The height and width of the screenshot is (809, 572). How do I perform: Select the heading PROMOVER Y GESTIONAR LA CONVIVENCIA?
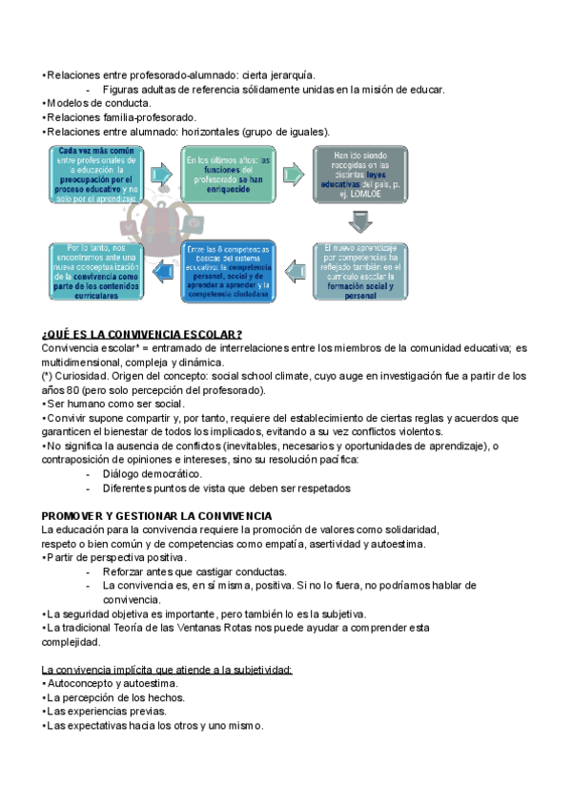point(157,516)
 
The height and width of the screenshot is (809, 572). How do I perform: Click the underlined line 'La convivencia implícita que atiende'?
point(168,670)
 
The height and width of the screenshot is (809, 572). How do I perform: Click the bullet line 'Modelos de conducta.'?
point(96,103)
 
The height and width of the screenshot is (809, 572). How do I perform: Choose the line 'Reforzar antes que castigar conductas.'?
point(192,571)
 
